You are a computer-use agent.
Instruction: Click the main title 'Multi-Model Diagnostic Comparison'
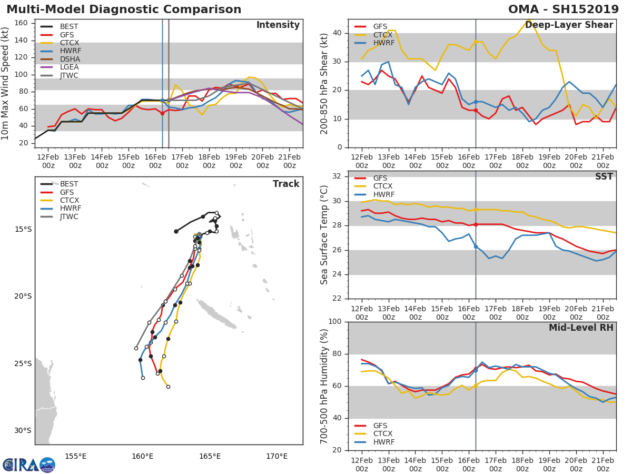[x=124, y=9]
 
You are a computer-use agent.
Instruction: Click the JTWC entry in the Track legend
[x=69, y=216]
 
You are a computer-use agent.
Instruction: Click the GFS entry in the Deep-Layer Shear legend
[x=380, y=27]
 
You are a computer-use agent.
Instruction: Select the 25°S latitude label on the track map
[x=24, y=363]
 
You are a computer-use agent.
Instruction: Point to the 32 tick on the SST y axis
[x=337, y=176]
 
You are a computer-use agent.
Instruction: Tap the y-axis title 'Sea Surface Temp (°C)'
[x=324, y=234]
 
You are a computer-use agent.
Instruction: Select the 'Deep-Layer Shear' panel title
[x=569, y=25]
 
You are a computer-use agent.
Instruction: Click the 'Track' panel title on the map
[x=286, y=184]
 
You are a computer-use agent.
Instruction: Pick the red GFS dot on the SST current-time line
[x=476, y=224]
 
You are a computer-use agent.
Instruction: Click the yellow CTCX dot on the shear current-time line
[x=476, y=42]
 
